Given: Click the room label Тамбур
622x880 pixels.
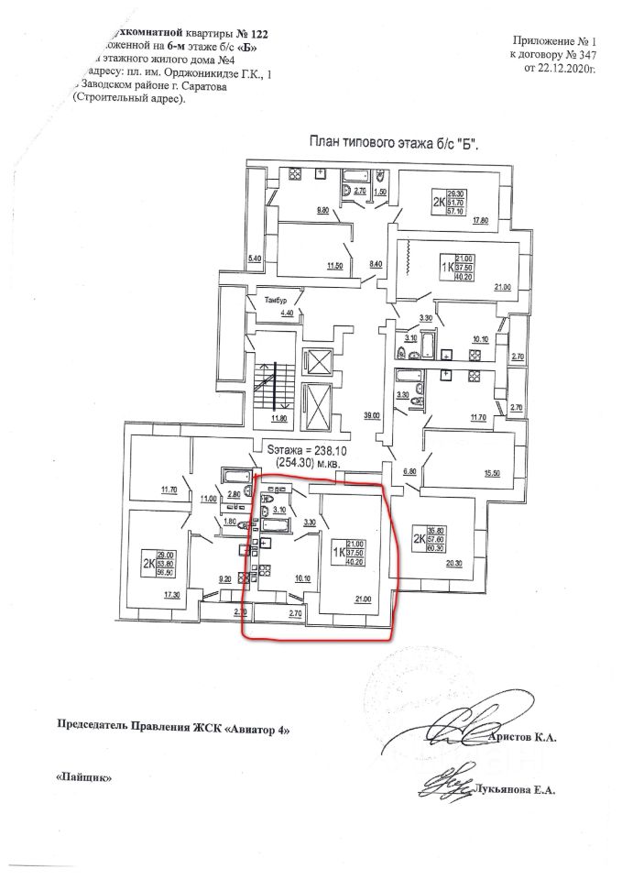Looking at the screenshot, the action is coord(276,301).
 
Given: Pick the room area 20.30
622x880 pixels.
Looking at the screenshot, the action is coord(455,564).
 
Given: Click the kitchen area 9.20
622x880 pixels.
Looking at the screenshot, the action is coord(224,579).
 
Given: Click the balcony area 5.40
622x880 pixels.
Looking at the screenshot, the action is coord(256,259).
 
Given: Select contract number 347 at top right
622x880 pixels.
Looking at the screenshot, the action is coord(584,56).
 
